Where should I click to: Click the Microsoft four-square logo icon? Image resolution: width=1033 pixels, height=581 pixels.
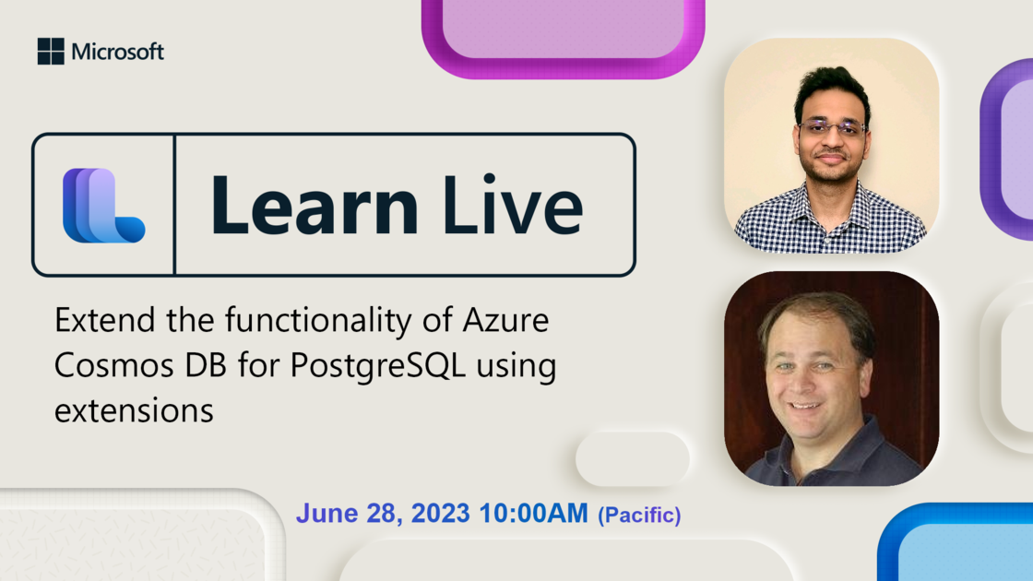(x=51, y=52)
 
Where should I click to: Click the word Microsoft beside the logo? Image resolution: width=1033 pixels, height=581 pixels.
(x=118, y=52)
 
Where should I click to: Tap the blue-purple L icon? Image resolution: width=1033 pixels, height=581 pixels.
(x=103, y=206)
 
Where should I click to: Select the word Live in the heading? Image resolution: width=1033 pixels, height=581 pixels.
(x=513, y=204)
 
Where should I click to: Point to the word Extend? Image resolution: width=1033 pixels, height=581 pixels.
(x=105, y=320)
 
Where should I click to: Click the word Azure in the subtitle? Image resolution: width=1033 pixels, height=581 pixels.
(x=505, y=320)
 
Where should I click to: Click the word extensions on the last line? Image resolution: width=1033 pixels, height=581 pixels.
(x=134, y=411)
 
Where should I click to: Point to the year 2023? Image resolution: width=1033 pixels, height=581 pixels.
(x=440, y=514)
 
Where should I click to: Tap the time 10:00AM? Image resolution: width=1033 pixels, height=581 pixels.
(x=533, y=513)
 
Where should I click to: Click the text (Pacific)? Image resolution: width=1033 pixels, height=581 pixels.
(x=639, y=515)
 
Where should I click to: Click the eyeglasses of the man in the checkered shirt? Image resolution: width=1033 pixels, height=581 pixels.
(x=832, y=127)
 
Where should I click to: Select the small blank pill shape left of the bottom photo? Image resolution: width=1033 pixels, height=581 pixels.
(x=633, y=459)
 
